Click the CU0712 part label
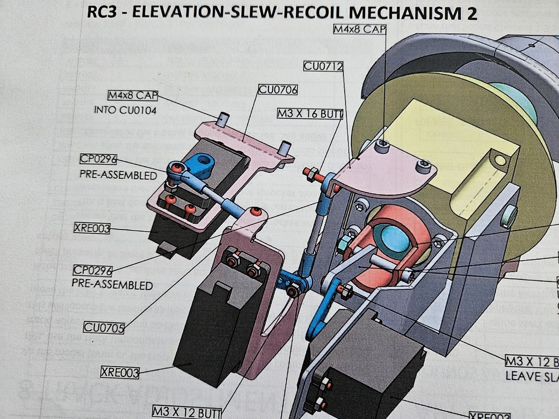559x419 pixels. tap(323, 66)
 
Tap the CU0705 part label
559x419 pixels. tap(104, 328)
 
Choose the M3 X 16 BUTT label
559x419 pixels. tap(310, 113)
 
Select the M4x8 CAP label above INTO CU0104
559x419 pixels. tap(132, 96)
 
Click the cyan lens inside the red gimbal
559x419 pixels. tap(395, 238)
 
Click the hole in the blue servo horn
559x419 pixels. tap(205, 160)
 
